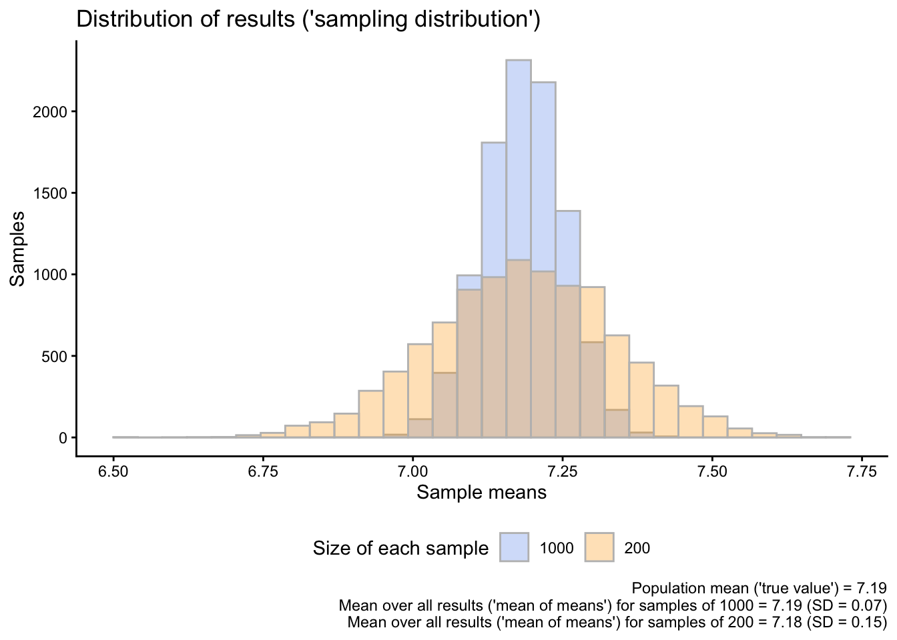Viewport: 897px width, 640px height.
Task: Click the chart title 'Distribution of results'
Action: click(308, 19)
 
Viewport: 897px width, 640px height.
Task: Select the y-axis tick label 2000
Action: click(50, 112)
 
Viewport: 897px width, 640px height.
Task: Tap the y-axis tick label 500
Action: click(55, 356)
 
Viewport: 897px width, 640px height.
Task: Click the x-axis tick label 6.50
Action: click(113, 472)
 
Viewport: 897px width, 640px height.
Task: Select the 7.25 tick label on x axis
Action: click(563, 472)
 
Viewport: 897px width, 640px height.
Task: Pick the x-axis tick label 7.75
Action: click(862, 472)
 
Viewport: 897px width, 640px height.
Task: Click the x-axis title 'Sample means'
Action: click(481, 493)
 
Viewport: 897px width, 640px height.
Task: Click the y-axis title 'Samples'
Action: click(18, 249)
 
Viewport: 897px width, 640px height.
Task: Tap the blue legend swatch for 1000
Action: click(514, 547)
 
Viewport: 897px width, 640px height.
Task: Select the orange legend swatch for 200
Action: click(599, 547)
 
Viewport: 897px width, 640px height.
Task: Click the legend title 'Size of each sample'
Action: click(400, 549)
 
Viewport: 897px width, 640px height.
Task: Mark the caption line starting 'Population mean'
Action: click(759, 589)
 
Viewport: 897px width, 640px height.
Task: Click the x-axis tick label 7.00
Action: click(412, 472)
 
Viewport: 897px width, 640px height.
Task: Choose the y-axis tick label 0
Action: click(64, 438)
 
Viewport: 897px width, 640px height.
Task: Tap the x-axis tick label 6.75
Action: click(263, 472)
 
